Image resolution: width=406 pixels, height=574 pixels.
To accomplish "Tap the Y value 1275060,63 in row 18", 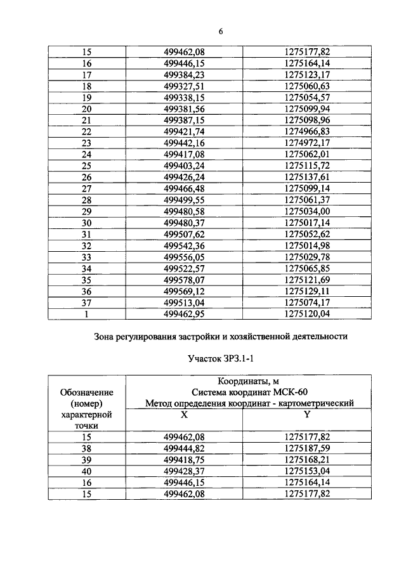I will click(x=307, y=86).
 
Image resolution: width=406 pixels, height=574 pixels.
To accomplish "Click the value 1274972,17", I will click(x=307, y=143).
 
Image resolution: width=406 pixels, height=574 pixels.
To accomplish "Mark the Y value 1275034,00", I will click(x=307, y=211).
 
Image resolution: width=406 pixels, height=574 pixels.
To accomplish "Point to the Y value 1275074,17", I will click(x=307, y=303).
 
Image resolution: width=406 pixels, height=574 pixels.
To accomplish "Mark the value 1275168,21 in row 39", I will click(x=307, y=460).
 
